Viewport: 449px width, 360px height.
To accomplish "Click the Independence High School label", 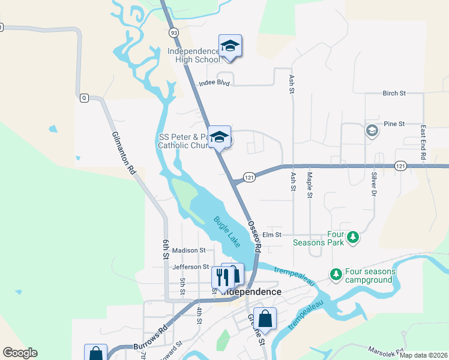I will pos(193,55).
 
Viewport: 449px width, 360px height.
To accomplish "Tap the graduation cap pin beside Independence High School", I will pos(230,46).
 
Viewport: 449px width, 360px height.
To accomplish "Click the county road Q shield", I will pos(84,98).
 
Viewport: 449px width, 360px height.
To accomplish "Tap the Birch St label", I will pos(394,93).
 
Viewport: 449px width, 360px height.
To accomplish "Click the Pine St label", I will pos(394,123).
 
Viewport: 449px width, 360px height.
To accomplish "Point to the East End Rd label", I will pos(423,142).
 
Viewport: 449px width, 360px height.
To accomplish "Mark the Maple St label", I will pos(310,185).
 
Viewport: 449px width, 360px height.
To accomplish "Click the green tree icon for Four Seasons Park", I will pos(354,238).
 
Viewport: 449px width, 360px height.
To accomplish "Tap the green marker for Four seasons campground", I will pos(336,275).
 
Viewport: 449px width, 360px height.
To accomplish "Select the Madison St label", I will pos(188,250).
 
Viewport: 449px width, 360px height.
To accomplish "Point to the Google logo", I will pos(20,353).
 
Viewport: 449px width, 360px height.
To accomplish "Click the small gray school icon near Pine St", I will pos(372,131).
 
